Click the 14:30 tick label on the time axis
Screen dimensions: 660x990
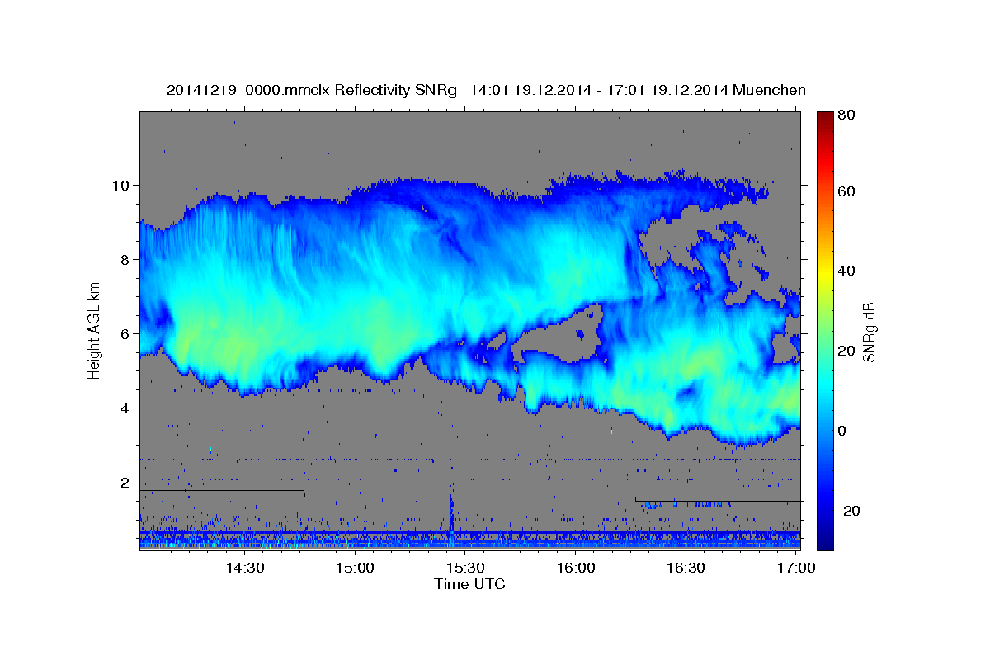pos(245,568)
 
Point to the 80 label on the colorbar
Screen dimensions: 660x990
pos(845,115)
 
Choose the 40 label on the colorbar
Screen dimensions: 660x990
pos(845,271)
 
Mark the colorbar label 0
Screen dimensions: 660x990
pos(842,431)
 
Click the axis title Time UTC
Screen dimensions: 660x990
pos(469,584)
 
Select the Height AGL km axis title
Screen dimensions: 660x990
pos(94,330)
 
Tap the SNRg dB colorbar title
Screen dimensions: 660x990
pos(869,330)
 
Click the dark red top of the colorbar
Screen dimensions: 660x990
pos(824,116)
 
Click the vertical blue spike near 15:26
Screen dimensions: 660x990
pos(451,516)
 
